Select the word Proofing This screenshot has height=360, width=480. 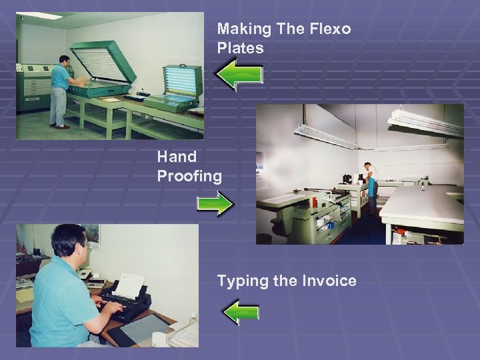[x=189, y=176]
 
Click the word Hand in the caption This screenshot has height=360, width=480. [x=177, y=157]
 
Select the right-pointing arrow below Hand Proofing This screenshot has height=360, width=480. [x=215, y=205]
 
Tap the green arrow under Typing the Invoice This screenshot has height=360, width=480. [x=240, y=311]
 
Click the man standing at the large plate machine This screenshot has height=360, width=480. [x=60, y=90]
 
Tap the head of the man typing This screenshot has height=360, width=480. [x=69, y=241]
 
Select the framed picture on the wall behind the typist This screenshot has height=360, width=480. [x=91, y=235]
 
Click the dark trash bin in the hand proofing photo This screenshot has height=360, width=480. [x=264, y=238]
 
